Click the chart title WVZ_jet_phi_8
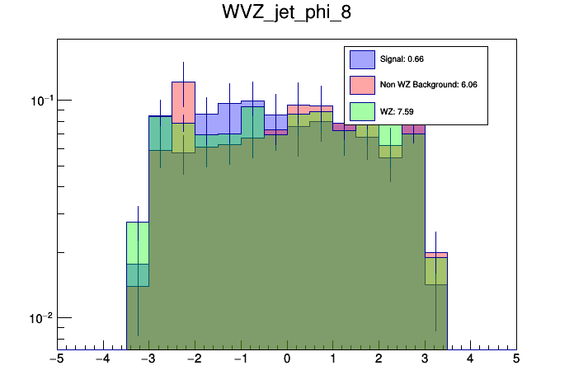click(x=287, y=14)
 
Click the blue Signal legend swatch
click(x=363, y=59)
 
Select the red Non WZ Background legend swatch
click(x=363, y=84)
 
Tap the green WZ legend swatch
click(x=363, y=110)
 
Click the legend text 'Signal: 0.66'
click(x=402, y=59)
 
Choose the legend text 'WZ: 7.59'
click(x=395, y=110)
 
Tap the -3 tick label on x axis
click(x=148, y=359)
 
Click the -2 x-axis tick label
click(x=194, y=359)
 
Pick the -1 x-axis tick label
click(x=239, y=359)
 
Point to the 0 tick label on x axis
click(x=287, y=359)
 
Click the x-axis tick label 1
click(x=333, y=359)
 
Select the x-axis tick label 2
click(x=379, y=359)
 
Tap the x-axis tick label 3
click(x=425, y=359)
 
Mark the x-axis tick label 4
click(x=471, y=359)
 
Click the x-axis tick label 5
click(x=516, y=359)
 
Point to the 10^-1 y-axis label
click(x=40, y=100)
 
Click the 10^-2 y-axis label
click(x=40, y=317)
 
